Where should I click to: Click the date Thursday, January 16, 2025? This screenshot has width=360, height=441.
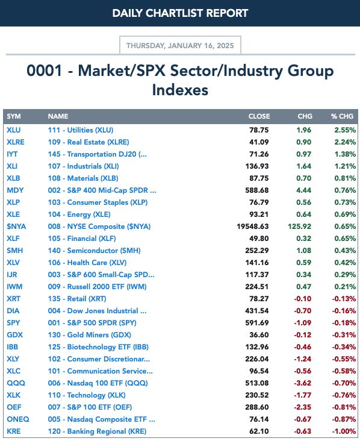tap(180, 46)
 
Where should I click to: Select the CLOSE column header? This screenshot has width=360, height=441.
tap(259, 116)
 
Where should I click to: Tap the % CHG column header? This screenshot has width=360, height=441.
tap(342, 116)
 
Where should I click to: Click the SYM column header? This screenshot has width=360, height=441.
tap(14, 116)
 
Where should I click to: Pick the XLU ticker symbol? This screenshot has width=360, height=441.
tap(13, 130)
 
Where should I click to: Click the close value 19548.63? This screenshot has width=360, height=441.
tap(253, 227)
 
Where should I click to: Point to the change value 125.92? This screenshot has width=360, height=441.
tap(300, 227)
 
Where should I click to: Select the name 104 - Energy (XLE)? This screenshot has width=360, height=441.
tap(79, 214)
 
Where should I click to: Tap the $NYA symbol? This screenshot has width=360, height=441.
tap(16, 227)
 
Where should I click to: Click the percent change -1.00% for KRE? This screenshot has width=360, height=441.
tap(344, 431)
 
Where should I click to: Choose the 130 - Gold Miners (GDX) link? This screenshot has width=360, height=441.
tap(89, 335)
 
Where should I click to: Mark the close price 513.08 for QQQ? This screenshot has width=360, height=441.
tap(257, 383)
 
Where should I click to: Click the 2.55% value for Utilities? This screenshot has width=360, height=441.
tap(345, 130)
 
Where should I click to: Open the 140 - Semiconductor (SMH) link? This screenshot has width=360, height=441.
tap(94, 251)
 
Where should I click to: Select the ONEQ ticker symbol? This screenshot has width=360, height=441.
tap(18, 419)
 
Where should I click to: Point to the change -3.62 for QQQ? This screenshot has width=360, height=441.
tap(303, 383)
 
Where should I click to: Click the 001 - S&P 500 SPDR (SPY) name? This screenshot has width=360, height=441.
tap(92, 323)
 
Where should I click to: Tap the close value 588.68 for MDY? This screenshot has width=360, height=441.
tap(257, 190)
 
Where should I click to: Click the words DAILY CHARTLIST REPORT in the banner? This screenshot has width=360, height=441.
tap(180, 13)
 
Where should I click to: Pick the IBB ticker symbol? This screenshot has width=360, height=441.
tap(13, 347)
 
